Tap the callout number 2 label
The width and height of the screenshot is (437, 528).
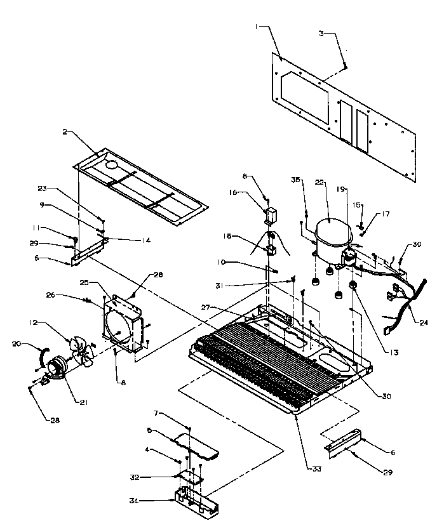tap(65, 132)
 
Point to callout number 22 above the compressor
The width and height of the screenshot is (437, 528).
tap(319, 182)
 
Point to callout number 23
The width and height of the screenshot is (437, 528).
tap(42, 188)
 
